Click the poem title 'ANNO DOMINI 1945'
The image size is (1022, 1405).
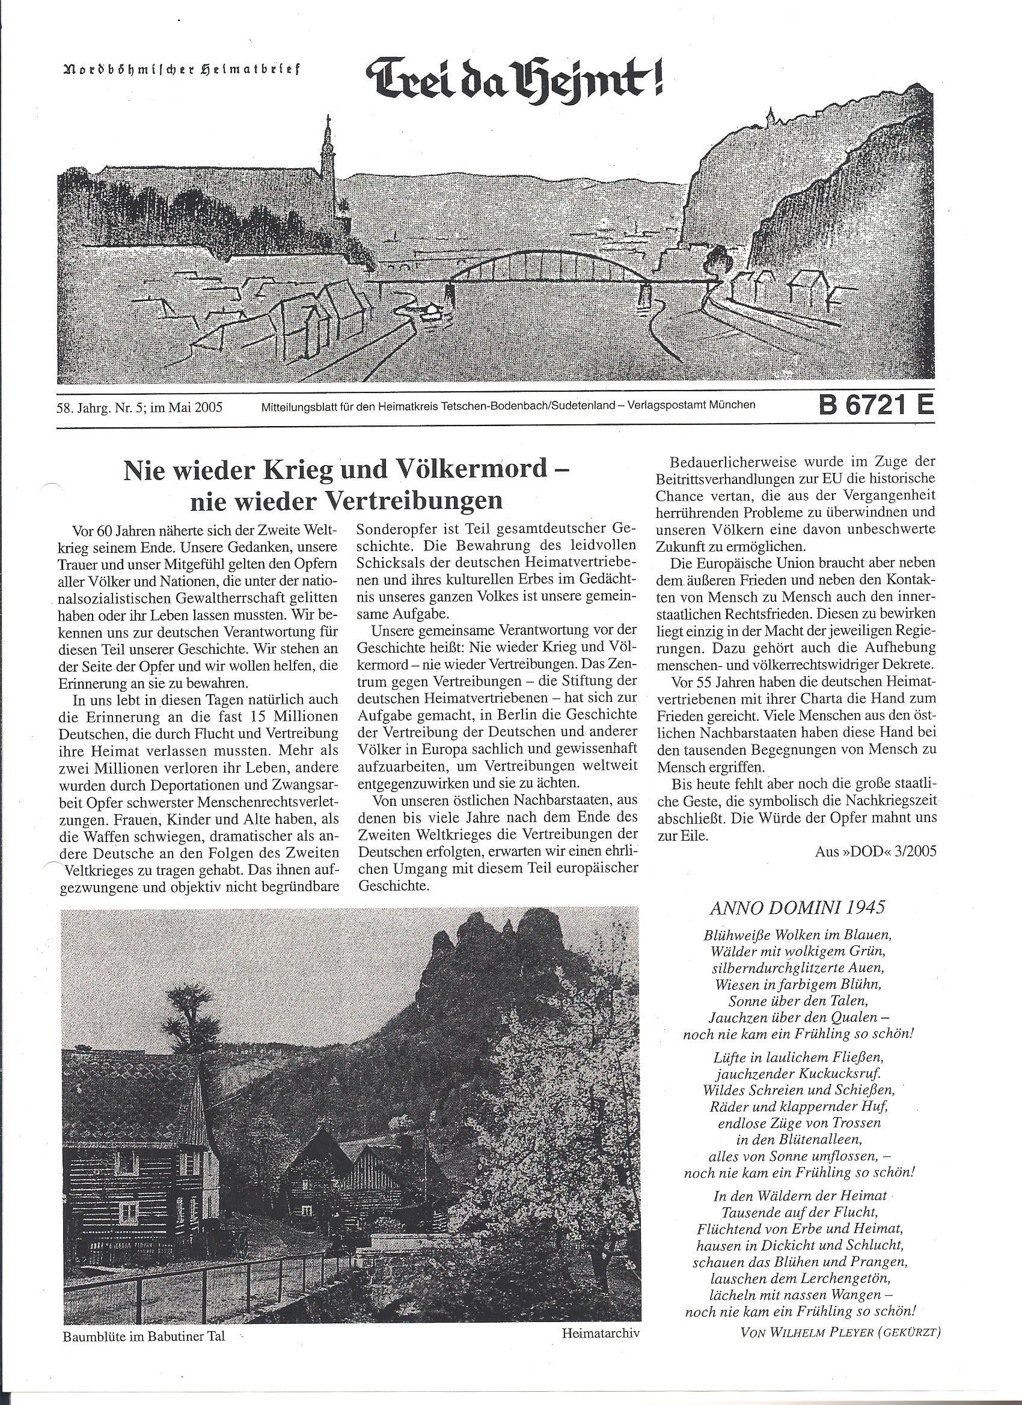pyautogui.click(x=797, y=907)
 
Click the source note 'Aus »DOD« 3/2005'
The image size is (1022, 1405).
pyautogui.click(x=876, y=851)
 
